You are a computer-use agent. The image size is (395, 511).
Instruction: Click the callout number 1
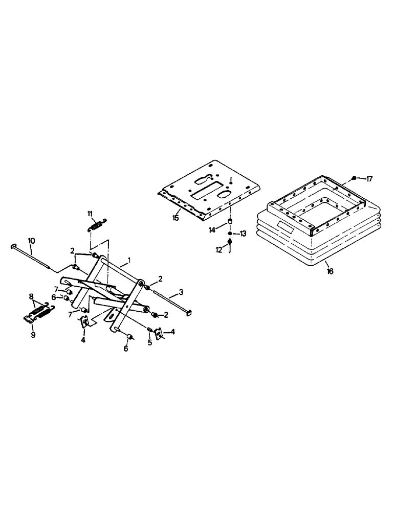coord(130,260)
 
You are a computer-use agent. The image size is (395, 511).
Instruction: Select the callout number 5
coord(150,342)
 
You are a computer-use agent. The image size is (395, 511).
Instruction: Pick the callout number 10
coord(31,240)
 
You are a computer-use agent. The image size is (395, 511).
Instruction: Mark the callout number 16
coord(330,271)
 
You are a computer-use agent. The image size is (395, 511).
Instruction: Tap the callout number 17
coord(369,178)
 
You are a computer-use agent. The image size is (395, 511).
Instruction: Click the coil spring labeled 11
coord(97,224)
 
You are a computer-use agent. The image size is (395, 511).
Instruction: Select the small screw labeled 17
coord(354,178)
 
